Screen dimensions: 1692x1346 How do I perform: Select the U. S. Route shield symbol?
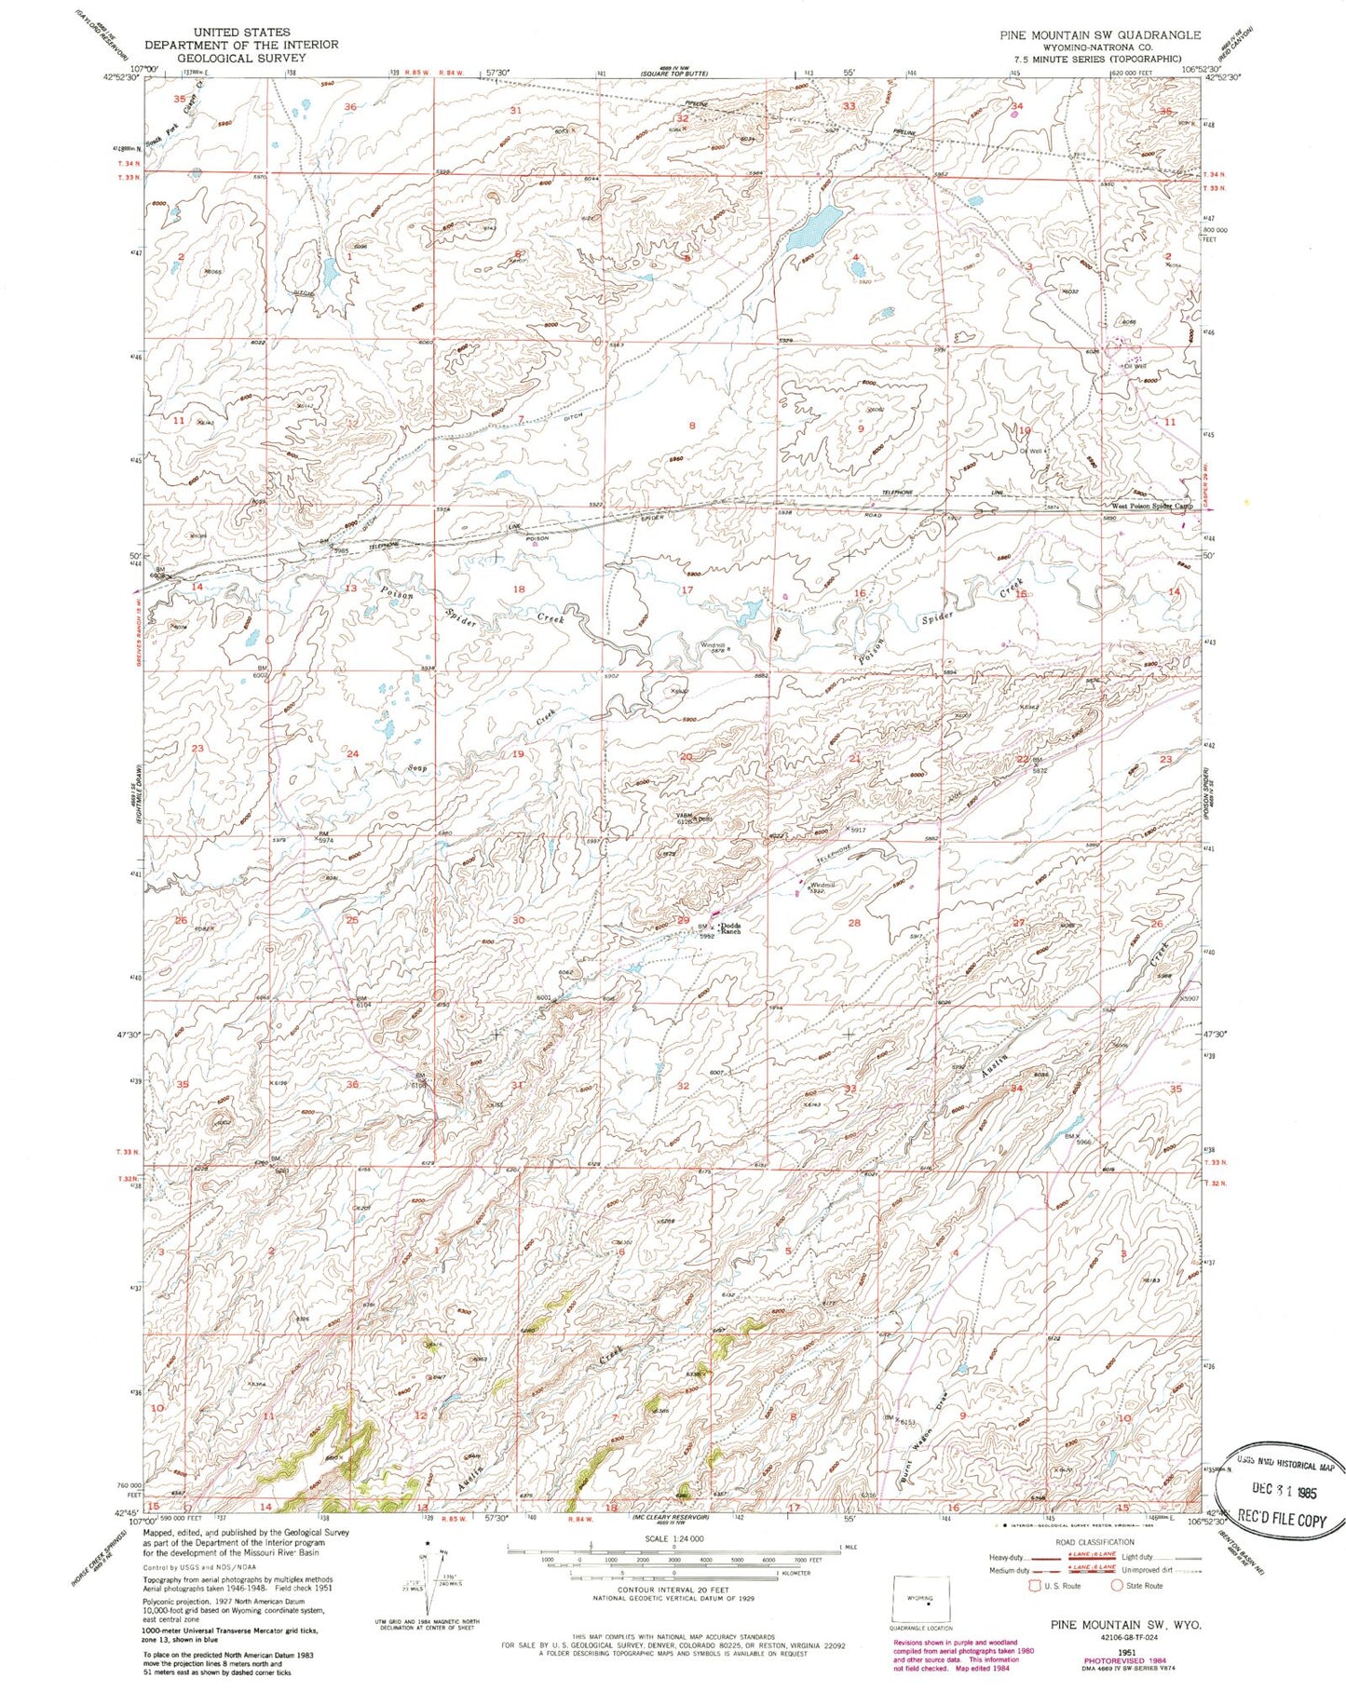(1035, 1586)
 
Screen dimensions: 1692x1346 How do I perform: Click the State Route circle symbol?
(1117, 1586)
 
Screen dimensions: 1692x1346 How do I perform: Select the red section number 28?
(852, 923)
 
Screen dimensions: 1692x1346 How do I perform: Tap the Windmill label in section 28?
(823, 885)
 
